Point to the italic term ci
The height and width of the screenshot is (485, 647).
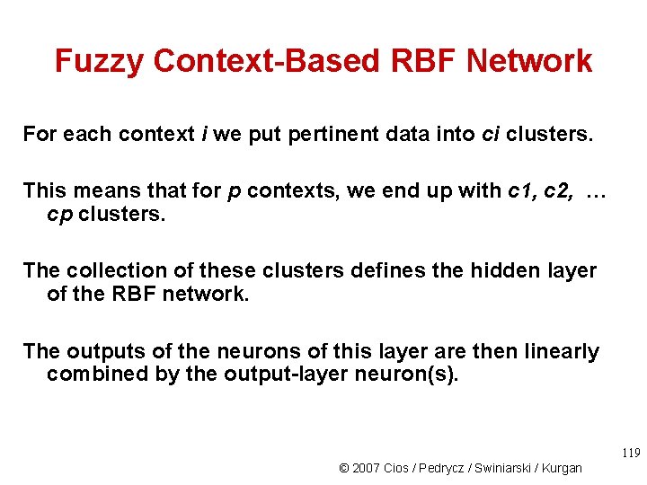pyautogui.click(x=490, y=135)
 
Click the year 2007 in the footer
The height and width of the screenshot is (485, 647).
pyautogui.click(x=367, y=468)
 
